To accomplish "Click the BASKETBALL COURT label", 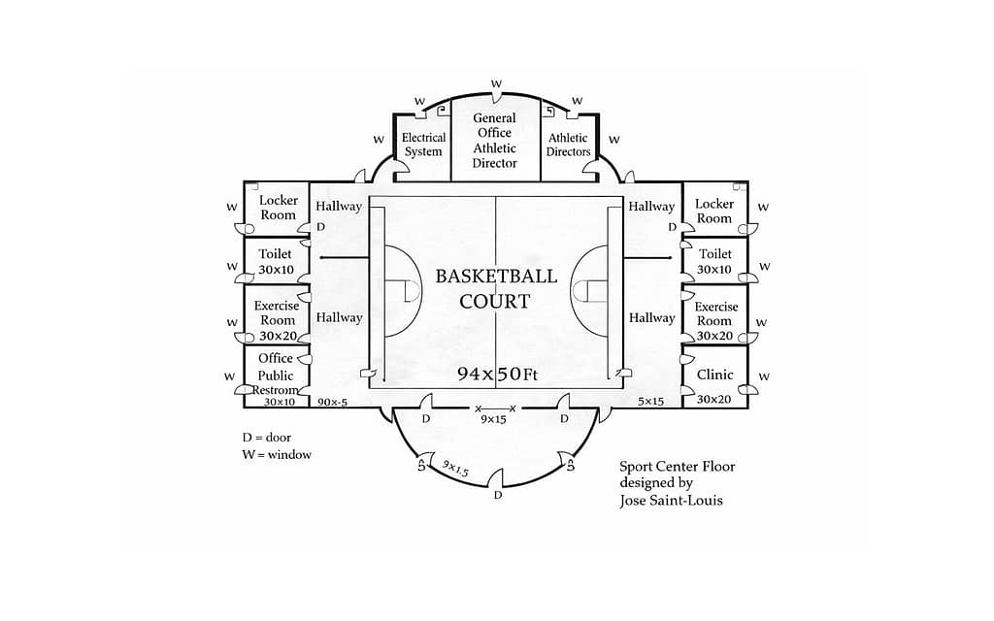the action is pyautogui.click(x=496, y=288).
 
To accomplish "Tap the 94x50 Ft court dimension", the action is pyautogui.click(x=497, y=374).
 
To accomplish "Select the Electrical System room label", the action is pyautogui.click(x=423, y=145).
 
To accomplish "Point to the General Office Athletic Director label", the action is pyautogui.click(x=494, y=140).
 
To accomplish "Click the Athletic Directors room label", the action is pyautogui.click(x=568, y=145).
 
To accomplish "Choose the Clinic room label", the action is pyautogui.click(x=714, y=375).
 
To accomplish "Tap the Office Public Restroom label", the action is pyautogui.click(x=276, y=374).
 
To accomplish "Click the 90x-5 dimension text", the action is pyautogui.click(x=332, y=402).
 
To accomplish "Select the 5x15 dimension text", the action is pyautogui.click(x=650, y=401).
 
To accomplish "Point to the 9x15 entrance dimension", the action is pyautogui.click(x=493, y=419).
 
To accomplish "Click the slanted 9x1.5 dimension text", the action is pyautogui.click(x=455, y=469).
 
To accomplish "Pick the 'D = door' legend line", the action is pyautogui.click(x=266, y=438).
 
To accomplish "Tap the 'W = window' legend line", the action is pyautogui.click(x=277, y=454).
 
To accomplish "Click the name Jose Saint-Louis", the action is pyautogui.click(x=671, y=501).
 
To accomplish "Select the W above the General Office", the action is pyautogui.click(x=496, y=83).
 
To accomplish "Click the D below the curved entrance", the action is pyautogui.click(x=498, y=495).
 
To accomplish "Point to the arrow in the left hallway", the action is pyautogui.click(x=345, y=257).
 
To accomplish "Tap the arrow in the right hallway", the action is pyautogui.click(x=647, y=258).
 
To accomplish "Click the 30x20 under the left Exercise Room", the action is pyautogui.click(x=278, y=336).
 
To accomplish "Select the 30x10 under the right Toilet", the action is pyautogui.click(x=714, y=270).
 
